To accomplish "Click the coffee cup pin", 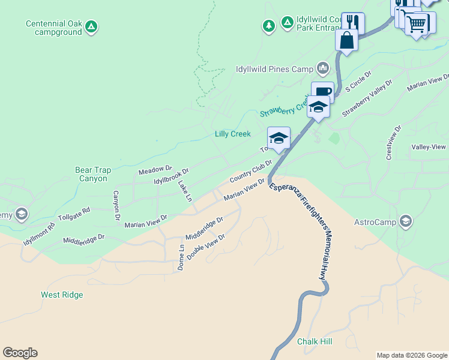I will [x=322, y=92].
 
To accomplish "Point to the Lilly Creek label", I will [x=232, y=134].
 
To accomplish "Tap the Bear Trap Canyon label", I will [x=93, y=175].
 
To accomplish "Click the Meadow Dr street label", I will [x=155, y=171].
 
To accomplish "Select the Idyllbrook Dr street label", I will [x=171, y=176].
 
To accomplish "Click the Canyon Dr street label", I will [x=116, y=205].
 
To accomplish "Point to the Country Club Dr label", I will [x=251, y=171].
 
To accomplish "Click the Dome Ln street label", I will [x=181, y=257].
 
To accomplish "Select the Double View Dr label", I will [x=205, y=247].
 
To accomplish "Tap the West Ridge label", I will [x=62, y=295].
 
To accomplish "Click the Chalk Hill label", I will [x=315, y=341].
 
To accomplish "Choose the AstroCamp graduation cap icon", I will [x=406, y=221].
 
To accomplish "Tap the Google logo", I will [x=20, y=353].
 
